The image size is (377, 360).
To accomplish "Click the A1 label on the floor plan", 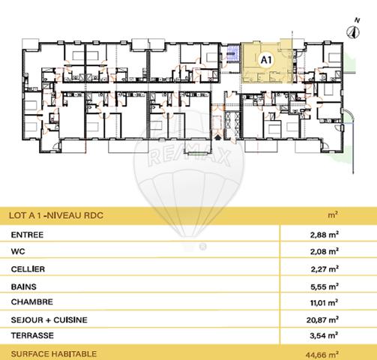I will point(265,57).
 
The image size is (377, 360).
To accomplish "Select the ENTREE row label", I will point(27,235).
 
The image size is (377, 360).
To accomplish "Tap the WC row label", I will point(17,252).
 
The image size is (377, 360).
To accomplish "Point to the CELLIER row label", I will point(28,268).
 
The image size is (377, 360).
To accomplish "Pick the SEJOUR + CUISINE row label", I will point(49,320).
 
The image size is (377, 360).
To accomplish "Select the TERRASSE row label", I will point(31,337).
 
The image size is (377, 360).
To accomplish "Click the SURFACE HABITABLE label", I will point(53,352).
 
